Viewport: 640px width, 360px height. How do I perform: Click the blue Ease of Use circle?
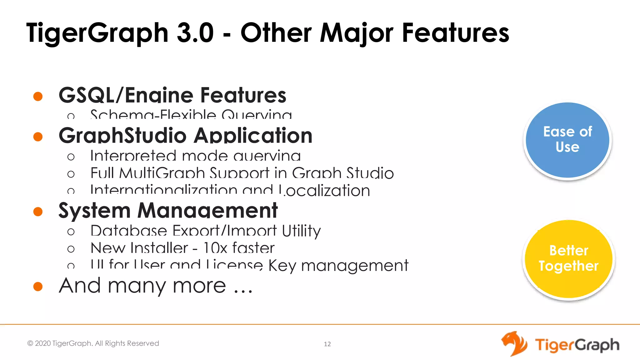[567, 140]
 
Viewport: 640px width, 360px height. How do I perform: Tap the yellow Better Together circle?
[568, 259]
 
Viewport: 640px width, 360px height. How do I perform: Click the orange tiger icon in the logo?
[514, 343]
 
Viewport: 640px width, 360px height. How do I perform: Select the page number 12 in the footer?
[327, 344]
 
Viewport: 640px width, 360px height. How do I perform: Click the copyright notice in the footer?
[93, 343]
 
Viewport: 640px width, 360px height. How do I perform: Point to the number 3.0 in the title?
[195, 33]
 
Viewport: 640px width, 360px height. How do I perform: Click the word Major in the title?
[357, 33]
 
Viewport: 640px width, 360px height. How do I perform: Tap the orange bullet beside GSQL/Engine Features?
[38, 96]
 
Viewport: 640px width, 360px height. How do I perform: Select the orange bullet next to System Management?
[38, 212]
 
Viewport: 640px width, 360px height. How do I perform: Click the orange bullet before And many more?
[38, 286]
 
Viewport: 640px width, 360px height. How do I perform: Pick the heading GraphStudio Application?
[185, 136]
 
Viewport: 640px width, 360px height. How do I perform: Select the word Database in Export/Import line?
[128, 231]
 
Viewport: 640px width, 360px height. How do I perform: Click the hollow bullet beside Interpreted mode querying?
[71, 157]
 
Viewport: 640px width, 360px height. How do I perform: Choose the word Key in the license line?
[282, 266]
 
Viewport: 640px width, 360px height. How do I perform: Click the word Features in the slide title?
[456, 33]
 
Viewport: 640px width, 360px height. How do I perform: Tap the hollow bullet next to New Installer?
[71, 249]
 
